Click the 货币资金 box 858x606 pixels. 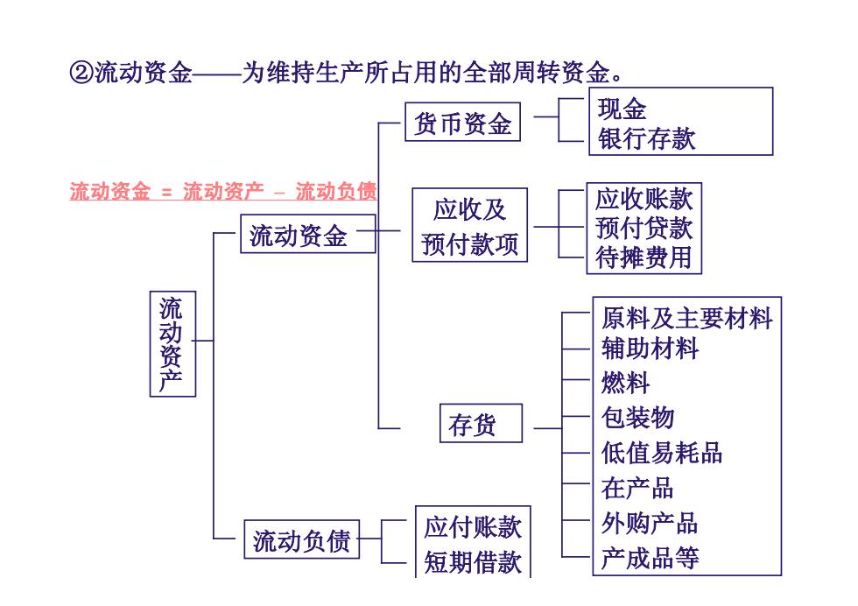click(x=462, y=122)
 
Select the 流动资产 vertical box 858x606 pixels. click(x=172, y=344)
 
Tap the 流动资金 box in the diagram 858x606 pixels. click(x=308, y=234)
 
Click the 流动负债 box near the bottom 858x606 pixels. click(x=301, y=539)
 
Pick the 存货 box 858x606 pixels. click(x=481, y=423)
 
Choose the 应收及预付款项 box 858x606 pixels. click(x=469, y=225)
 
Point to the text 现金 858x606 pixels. click(x=622, y=109)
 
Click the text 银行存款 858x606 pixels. click(x=646, y=138)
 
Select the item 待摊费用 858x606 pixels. click(x=644, y=257)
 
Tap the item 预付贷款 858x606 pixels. click(x=644, y=228)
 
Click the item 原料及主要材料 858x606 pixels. click(x=686, y=319)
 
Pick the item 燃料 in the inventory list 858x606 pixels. click(x=625, y=383)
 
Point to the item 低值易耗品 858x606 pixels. click(x=662, y=454)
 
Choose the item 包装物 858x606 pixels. click(x=637, y=418)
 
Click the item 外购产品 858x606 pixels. click(x=650, y=524)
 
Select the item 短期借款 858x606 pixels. click(x=473, y=562)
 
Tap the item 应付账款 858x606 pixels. click(x=473, y=526)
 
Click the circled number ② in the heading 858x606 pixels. click(x=81, y=73)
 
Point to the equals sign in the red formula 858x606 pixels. click(x=167, y=192)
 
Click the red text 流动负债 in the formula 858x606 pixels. click(x=336, y=191)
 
